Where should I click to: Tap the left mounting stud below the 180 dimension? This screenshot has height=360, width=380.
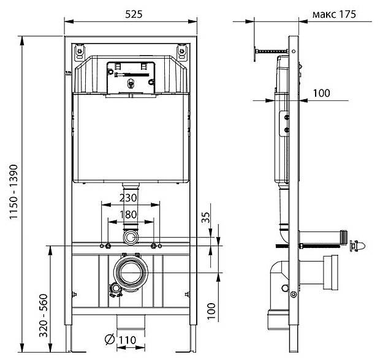point(108,246)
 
